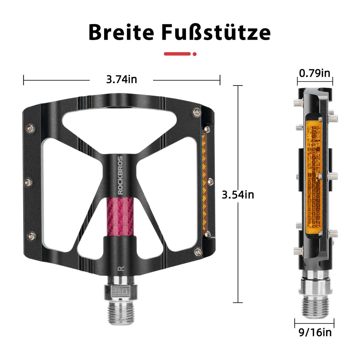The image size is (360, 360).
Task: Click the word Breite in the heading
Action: point(121,33)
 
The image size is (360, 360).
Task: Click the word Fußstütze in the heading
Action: point(216,33)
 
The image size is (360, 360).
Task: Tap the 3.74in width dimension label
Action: point(122,79)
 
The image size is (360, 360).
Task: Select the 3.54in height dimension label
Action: point(238,195)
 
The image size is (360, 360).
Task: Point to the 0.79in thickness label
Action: point(315,73)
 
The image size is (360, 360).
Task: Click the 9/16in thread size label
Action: point(315,332)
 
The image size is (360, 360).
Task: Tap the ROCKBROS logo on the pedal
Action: point(120,175)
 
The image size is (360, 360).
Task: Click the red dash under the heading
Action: point(177,54)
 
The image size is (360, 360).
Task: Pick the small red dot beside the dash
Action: point(195,54)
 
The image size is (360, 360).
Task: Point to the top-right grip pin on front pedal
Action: point(195,112)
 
